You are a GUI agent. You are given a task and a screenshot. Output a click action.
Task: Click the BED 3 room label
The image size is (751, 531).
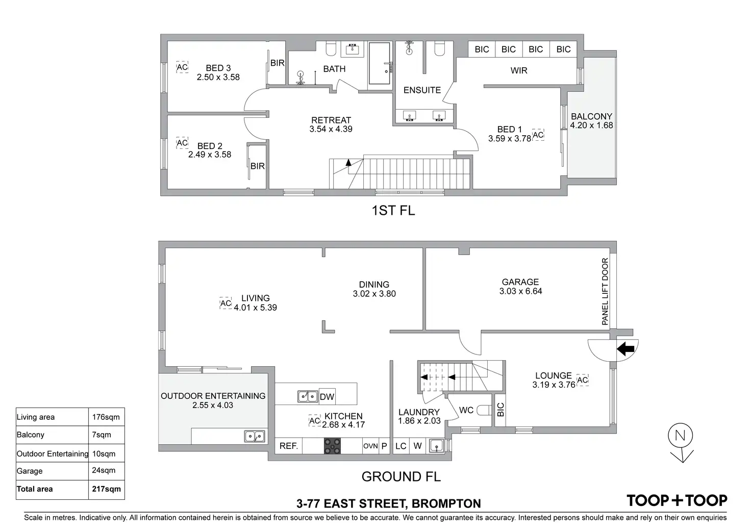point(218,68)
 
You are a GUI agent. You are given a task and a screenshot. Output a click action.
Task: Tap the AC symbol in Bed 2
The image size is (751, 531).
point(182,143)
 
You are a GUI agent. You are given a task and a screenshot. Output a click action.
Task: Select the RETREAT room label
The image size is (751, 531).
point(331,120)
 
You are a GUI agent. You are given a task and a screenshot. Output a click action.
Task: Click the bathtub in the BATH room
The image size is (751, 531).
point(380,63)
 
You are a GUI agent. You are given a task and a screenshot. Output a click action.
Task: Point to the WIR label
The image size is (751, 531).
point(519,70)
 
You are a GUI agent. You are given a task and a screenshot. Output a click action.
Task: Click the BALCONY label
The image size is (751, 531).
point(591,116)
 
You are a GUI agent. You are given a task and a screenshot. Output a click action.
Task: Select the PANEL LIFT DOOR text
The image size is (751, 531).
point(605,291)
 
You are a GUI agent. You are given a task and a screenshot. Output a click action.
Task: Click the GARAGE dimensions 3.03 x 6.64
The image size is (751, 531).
point(520,291)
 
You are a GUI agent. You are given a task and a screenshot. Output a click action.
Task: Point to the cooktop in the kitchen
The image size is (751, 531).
point(333,446)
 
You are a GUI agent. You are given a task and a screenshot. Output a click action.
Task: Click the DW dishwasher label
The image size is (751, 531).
point(327,397)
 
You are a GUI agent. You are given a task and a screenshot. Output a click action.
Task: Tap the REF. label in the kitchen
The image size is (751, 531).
point(289,446)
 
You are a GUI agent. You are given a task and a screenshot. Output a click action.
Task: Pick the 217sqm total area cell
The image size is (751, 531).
point(106,489)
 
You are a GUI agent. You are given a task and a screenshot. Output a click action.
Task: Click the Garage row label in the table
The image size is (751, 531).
point(30,471)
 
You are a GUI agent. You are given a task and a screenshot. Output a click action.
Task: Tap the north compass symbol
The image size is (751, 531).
point(681,437)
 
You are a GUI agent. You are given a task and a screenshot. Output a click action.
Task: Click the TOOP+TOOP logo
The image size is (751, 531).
point(677,500)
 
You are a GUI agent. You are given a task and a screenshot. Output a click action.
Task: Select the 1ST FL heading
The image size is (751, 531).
point(393,210)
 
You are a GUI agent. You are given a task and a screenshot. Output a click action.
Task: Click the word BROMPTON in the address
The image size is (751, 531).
point(446,504)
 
